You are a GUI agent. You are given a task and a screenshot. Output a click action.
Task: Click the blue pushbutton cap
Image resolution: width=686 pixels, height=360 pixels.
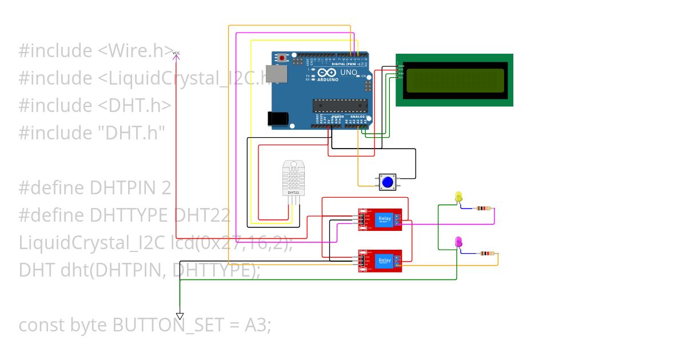click(x=388, y=182)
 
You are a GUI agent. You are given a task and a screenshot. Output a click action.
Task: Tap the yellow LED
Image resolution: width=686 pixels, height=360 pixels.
click(x=458, y=197)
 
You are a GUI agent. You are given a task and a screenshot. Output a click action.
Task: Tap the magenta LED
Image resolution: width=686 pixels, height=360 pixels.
click(x=458, y=242)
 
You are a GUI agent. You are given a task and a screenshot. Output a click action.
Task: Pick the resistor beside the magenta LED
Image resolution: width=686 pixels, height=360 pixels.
click(x=486, y=253)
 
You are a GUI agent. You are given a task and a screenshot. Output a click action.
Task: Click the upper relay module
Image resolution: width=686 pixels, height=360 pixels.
click(x=380, y=219)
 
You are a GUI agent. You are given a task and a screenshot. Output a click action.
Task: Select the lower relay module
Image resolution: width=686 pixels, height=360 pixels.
click(x=380, y=261)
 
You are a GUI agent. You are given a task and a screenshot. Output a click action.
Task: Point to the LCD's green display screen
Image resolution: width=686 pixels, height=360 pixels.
click(x=455, y=81)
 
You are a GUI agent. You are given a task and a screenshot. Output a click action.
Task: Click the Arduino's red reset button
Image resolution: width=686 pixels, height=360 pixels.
click(x=282, y=58)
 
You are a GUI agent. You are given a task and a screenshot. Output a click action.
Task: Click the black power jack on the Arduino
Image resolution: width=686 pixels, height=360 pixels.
click(x=278, y=118)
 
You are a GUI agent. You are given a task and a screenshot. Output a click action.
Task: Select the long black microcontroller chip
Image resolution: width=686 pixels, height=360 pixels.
click(x=338, y=105)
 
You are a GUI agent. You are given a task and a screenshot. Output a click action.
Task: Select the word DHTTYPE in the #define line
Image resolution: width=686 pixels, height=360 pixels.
click(x=128, y=215)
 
